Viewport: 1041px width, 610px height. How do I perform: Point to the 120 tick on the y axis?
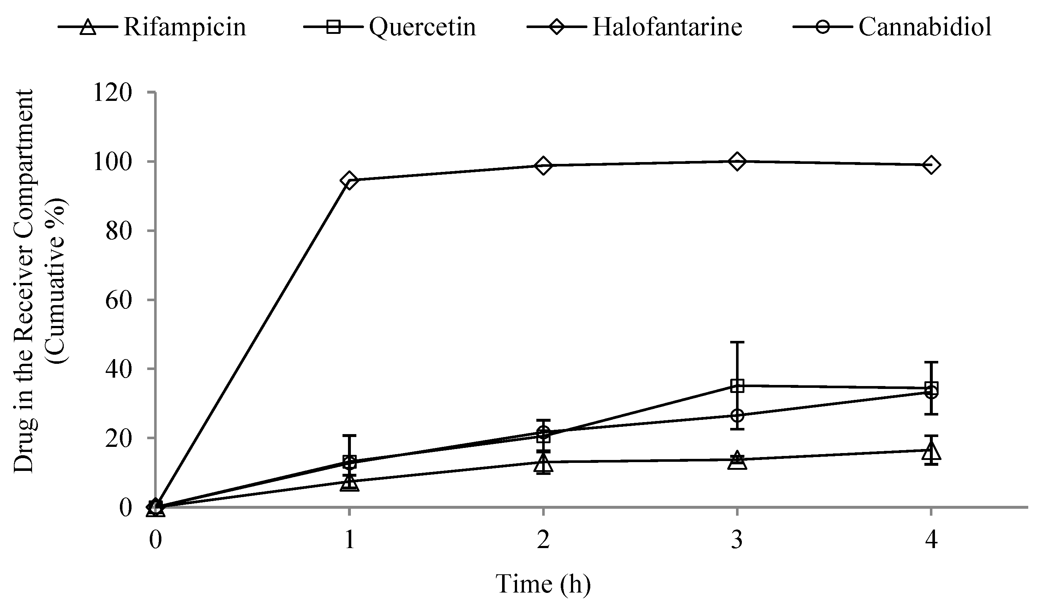coord(112,93)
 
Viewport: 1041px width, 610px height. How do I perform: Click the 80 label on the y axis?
coord(118,231)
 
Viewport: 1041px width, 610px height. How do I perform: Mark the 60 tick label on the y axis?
coord(118,300)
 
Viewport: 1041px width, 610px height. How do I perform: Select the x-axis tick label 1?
coord(349,540)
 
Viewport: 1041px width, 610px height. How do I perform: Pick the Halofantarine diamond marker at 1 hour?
coord(349,181)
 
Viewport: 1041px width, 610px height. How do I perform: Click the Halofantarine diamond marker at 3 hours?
coord(737,161)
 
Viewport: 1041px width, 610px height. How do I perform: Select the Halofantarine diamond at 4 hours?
coord(931,165)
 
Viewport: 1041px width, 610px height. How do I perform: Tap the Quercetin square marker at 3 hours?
coord(737,386)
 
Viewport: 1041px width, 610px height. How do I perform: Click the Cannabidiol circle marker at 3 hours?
coord(737,415)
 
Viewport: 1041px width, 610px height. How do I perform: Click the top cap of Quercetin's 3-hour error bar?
coord(737,342)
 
